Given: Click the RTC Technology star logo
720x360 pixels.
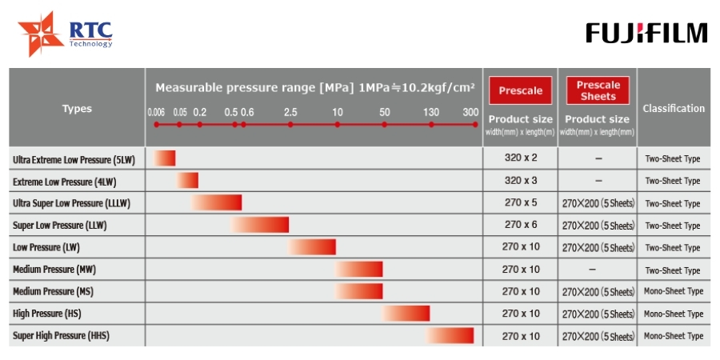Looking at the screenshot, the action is coord(41,34).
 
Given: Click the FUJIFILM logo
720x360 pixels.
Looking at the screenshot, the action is coord(646,33).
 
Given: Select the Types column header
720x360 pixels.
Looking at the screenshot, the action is coord(77,109).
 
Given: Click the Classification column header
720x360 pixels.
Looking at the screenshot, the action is coord(674,108).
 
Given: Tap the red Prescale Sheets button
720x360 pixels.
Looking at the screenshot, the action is coord(598,90).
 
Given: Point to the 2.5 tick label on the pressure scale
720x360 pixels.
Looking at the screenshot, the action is coord(290,112).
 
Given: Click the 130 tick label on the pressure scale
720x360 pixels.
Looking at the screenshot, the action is coord(431,112).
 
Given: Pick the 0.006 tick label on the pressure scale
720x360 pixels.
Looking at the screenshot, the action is coord(156,113).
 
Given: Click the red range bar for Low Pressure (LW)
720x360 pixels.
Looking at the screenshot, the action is coord(312,247).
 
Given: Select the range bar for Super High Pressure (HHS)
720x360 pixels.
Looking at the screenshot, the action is coord(450,336).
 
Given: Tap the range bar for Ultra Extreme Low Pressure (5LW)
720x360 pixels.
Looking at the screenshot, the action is coord(164,158).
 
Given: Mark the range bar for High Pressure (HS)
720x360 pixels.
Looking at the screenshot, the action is coord(406,314).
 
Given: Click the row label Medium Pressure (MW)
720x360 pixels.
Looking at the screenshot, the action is coord(54,270).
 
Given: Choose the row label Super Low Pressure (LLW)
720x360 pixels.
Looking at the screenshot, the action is coord(60,226).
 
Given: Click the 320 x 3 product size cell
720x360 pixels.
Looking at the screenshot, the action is coord(521,181).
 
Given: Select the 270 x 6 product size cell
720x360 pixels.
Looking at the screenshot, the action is coord(521,225).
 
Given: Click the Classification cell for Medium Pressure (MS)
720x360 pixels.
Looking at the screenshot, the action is coord(674,291).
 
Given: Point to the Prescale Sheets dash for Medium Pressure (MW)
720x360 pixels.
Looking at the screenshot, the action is coord(592,270).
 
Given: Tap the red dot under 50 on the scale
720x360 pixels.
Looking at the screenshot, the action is coord(384,125).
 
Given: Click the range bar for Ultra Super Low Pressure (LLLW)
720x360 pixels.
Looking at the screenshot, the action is coord(216,202).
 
